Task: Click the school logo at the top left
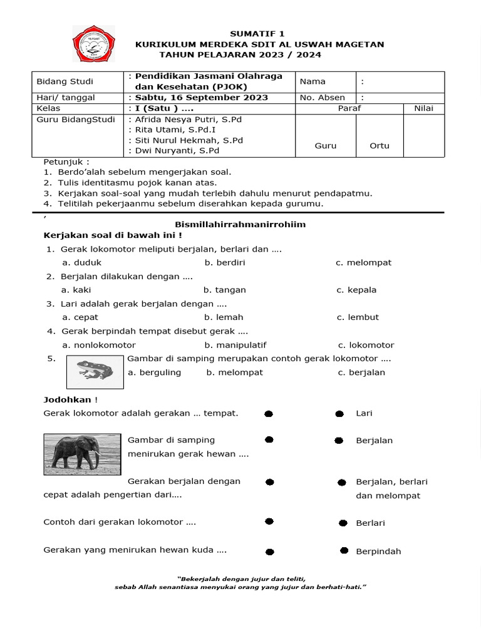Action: click(x=94, y=44)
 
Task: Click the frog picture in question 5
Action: click(x=95, y=371)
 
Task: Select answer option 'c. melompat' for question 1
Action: click(x=363, y=262)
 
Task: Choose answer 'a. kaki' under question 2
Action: click(x=76, y=290)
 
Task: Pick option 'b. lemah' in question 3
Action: click(x=224, y=317)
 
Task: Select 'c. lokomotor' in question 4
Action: click(x=366, y=345)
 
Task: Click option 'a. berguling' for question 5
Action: click(x=154, y=372)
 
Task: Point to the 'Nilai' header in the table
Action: click(x=424, y=108)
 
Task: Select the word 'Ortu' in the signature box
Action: click(x=379, y=146)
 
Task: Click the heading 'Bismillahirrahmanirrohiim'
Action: click(x=240, y=224)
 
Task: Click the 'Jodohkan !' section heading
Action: click(x=70, y=399)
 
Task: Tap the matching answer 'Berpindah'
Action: click(x=378, y=551)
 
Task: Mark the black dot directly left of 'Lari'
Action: click(x=339, y=414)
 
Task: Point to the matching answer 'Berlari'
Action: click(x=370, y=523)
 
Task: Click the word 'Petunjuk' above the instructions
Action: click(x=63, y=162)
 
